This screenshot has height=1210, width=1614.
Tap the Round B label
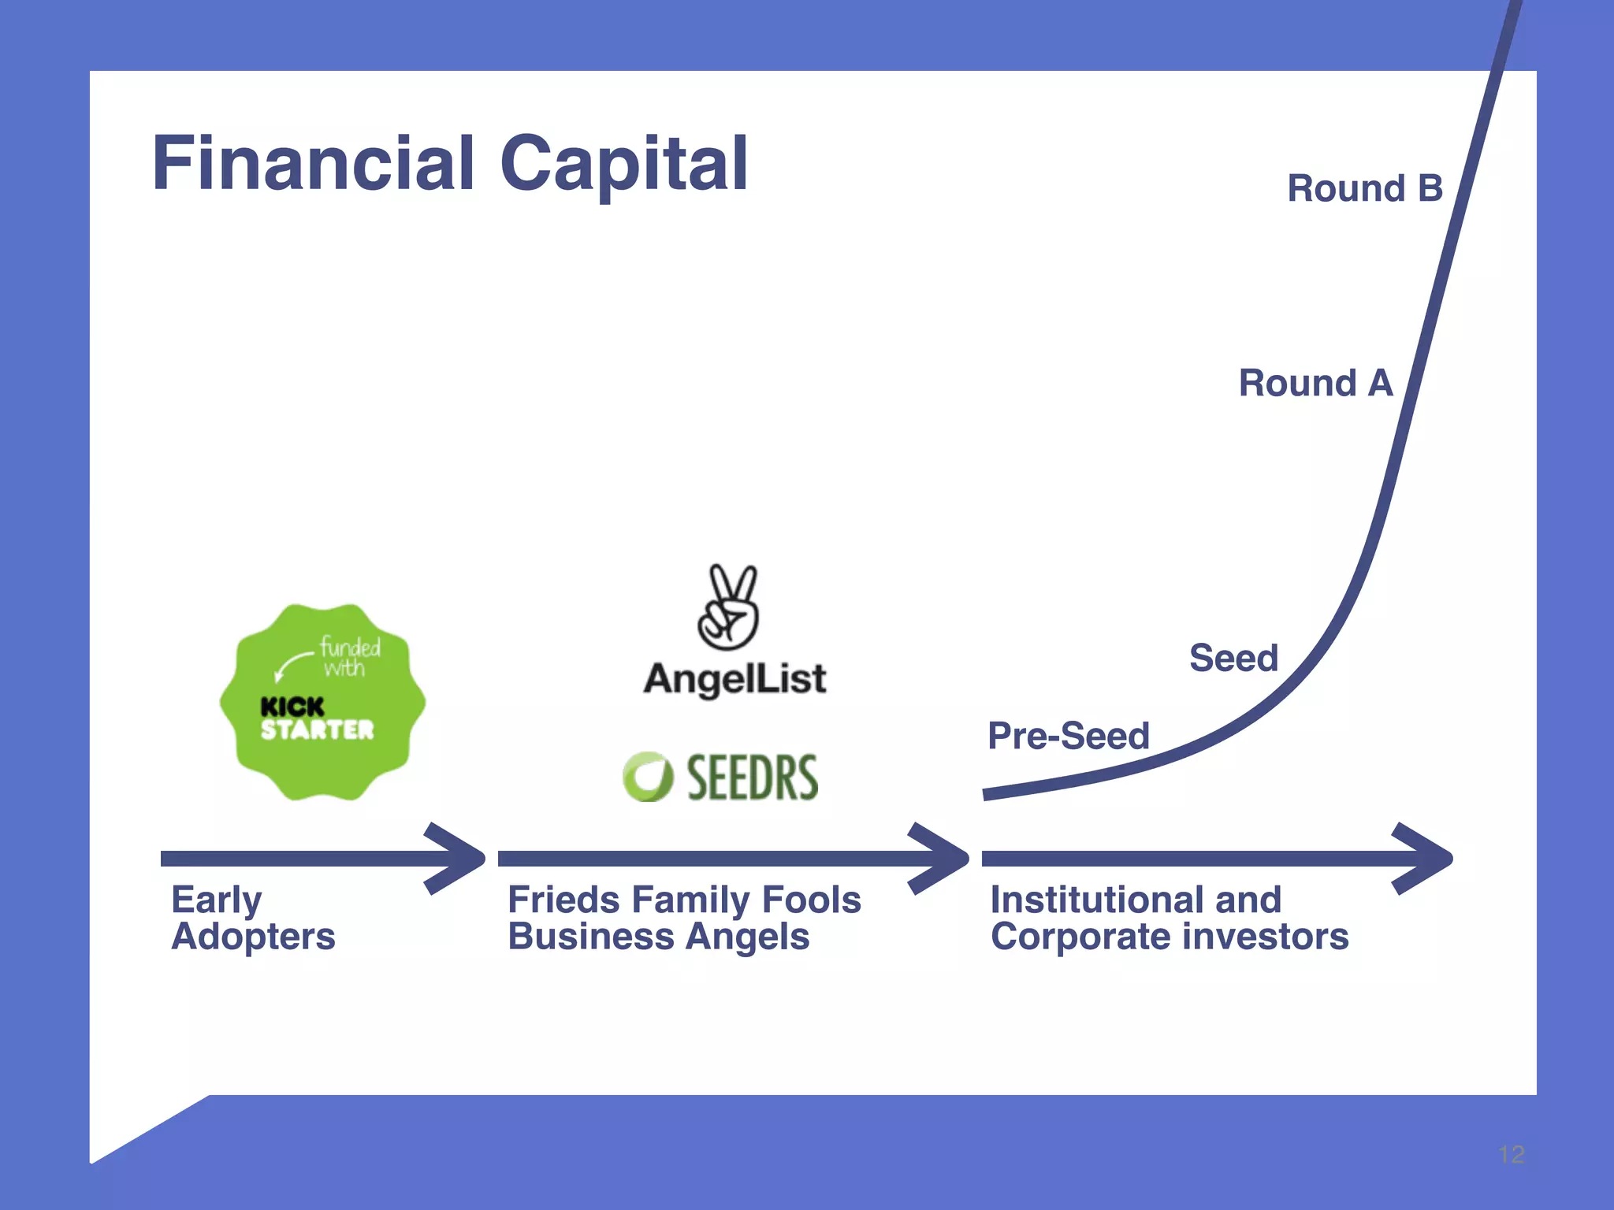[1364, 189]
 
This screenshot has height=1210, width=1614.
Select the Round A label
[1315, 384]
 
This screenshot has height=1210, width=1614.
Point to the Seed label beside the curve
[1233, 658]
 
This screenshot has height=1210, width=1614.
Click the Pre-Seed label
[1068, 736]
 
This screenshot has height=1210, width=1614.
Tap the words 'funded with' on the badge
[347, 657]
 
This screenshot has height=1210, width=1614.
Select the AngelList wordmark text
[734, 679]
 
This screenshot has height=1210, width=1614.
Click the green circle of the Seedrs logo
[647, 777]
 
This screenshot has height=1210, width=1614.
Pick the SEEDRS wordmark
[752, 778]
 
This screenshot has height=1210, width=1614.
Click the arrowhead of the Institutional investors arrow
[1423, 859]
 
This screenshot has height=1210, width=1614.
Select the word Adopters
[253, 937]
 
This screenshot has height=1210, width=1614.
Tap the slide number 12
[1511, 1155]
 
